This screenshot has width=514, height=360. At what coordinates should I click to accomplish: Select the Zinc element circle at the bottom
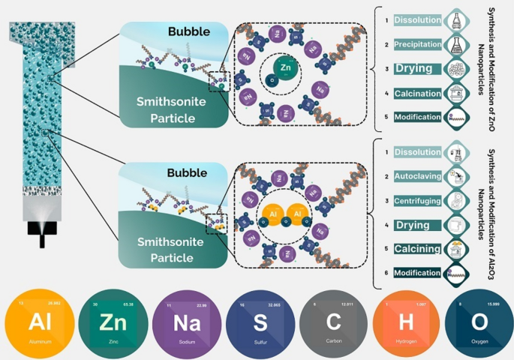pos(112,323)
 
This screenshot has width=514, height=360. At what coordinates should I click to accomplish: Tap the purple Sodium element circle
pos(185,323)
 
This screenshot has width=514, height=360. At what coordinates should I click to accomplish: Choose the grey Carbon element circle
pos(332,323)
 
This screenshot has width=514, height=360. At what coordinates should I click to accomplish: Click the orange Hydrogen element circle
pos(404,323)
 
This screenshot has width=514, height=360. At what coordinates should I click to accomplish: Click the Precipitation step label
pos(419,44)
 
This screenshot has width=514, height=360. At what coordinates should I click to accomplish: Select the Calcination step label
pos(417,93)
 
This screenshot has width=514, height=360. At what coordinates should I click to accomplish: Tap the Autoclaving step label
pos(417,176)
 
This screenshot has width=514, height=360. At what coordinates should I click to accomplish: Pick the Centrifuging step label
pos(418,201)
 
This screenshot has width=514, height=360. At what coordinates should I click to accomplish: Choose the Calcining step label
pos(417,248)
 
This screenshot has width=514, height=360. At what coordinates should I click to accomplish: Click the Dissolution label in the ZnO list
pos(419,20)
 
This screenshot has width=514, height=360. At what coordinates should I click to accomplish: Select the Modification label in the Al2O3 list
pos(417,272)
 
